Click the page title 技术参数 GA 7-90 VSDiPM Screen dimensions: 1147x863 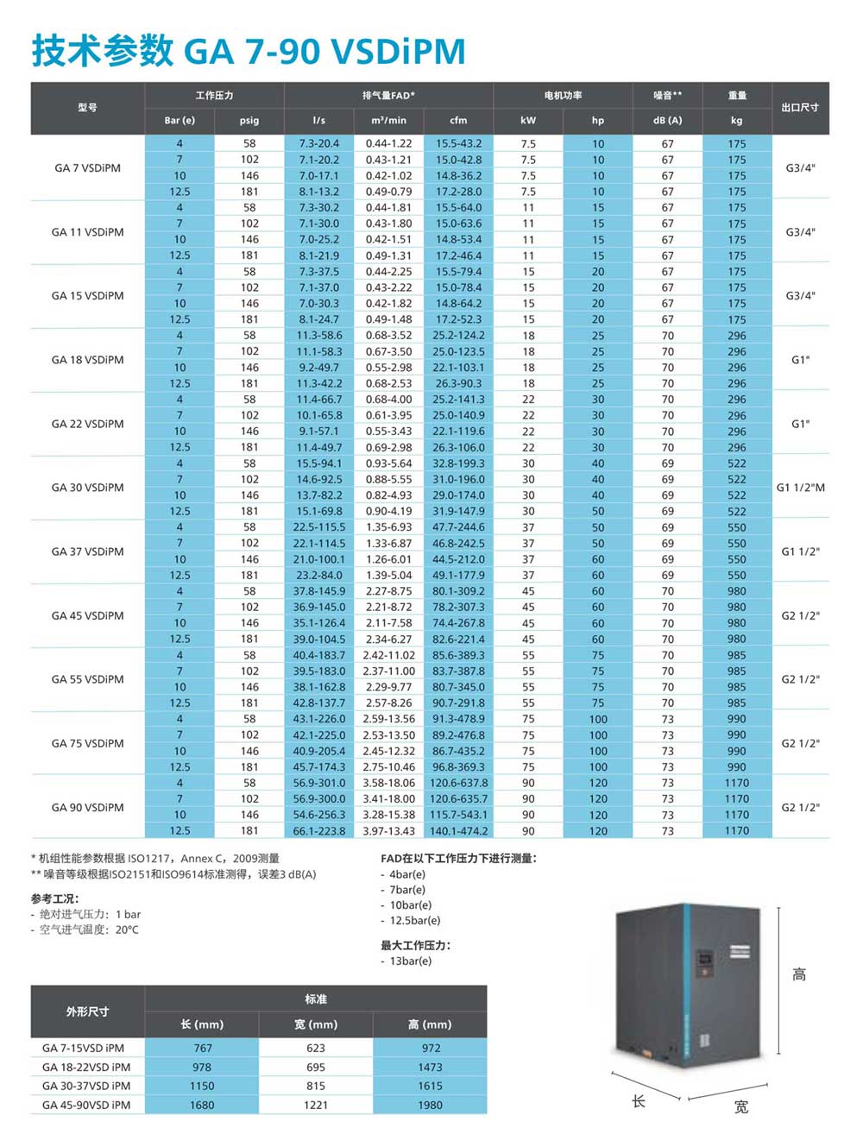click(x=249, y=52)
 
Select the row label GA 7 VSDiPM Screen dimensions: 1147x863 click(x=87, y=167)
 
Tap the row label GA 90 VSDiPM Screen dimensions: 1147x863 click(x=87, y=807)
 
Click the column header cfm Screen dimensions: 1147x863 click(x=458, y=120)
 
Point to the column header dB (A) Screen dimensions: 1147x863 click(x=667, y=120)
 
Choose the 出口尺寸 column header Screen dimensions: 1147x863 click(x=800, y=107)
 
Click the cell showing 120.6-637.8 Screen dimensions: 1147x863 click(x=458, y=783)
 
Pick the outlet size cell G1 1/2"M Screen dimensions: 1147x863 click(x=800, y=488)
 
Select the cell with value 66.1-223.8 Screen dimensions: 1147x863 click(x=319, y=830)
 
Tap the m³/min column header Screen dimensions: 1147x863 click(x=388, y=120)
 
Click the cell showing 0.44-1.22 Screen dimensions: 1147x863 click(x=388, y=143)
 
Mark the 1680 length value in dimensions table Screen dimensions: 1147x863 click(x=202, y=1105)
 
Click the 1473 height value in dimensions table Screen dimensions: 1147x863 click(x=431, y=1067)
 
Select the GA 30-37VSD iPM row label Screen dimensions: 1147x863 click(x=86, y=1086)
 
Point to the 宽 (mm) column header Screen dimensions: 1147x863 click(x=316, y=1024)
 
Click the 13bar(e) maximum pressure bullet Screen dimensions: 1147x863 click(x=410, y=961)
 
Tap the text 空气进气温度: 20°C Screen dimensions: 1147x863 click(x=88, y=930)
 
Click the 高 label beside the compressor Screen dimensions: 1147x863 click(x=799, y=974)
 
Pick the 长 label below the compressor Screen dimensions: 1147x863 click(x=639, y=1101)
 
